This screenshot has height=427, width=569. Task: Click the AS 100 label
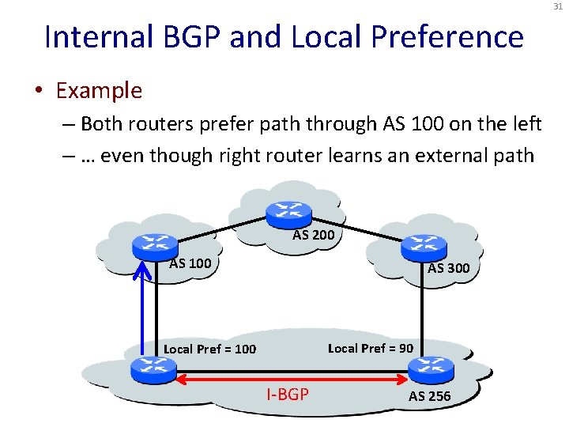click(190, 263)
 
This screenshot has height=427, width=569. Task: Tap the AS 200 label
click(314, 235)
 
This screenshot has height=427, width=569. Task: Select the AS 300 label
click(448, 268)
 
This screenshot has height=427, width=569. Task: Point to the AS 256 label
click(429, 396)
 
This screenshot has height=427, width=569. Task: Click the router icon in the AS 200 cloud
click(282, 212)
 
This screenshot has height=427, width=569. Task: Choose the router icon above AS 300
click(420, 248)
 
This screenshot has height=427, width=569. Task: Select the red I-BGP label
click(287, 394)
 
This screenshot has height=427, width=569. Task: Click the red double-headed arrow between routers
click(287, 380)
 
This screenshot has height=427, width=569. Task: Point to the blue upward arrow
click(143, 308)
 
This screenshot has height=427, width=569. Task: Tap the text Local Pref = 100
click(209, 349)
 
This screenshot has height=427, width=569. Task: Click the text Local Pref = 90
click(370, 348)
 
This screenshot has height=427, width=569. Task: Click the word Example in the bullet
click(99, 91)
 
